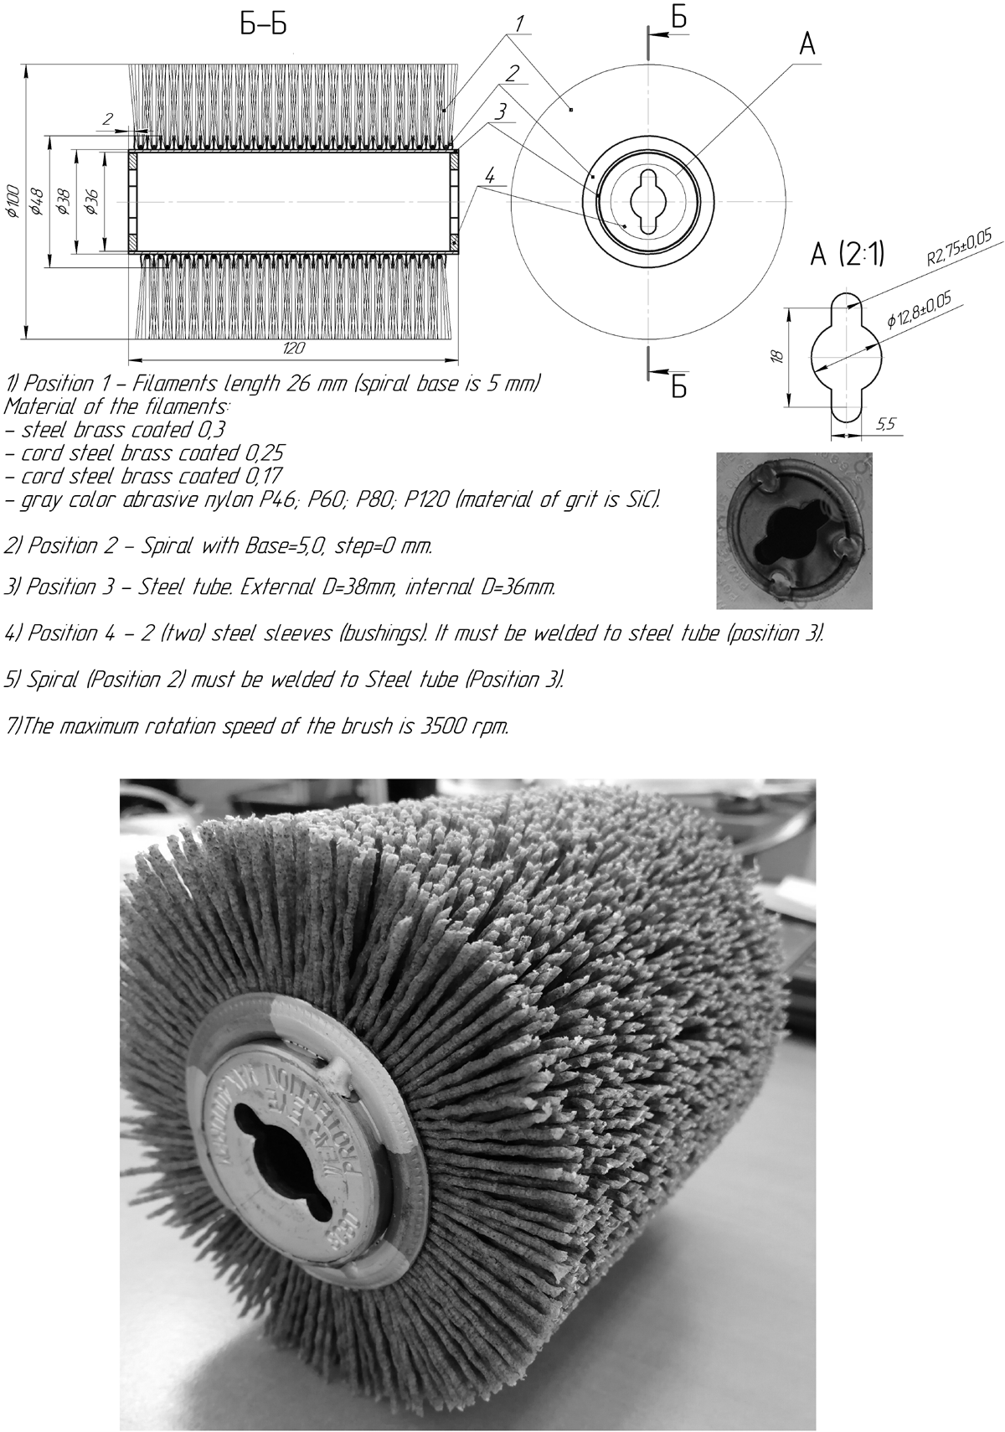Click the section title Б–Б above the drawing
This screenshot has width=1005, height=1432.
[263, 26]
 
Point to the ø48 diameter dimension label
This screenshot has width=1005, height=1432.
[38, 202]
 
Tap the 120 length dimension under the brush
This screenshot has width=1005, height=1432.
[292, 347]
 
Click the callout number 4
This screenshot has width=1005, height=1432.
[491, 177]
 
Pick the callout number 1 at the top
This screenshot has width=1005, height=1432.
[519, 24]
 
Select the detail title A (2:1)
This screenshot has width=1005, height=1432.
[848, 256]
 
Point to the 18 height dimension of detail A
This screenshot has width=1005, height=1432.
[777, 355]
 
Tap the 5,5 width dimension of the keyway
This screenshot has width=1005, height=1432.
[884, 425]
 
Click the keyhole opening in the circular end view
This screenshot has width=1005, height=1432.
[647, 202]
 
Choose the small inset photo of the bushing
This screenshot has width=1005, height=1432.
[794, 530]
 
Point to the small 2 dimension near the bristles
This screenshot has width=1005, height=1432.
[107, 120]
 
